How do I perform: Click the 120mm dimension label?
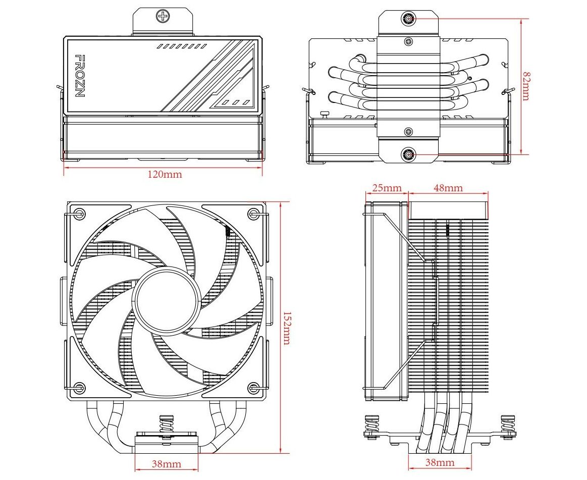[165, 175]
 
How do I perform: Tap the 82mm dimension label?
[526, 86]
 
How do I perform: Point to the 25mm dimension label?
[387, 188]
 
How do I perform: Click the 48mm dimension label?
[448, 188]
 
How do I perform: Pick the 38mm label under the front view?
[167, 463]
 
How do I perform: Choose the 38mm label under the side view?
[439, 462]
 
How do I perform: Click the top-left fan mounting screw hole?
[78, 214]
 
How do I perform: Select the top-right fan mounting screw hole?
[252, 214]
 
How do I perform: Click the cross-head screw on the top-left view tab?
[163, 17]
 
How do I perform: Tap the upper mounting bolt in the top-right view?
[408, 19]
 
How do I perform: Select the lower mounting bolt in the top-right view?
[408, 154]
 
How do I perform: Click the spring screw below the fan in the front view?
[165, 427]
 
